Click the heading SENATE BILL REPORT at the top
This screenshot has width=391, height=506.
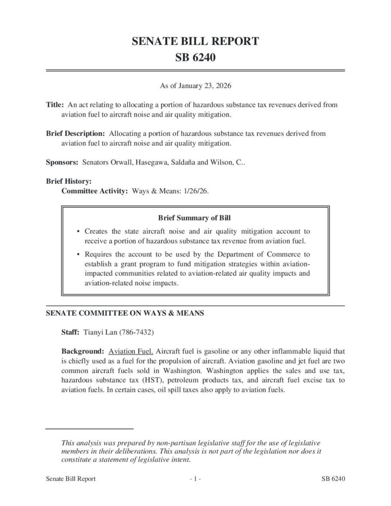195,42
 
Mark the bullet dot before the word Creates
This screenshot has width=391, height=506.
79,231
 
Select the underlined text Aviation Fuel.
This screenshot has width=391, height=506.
131,351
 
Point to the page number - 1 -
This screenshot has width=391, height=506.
195,479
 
